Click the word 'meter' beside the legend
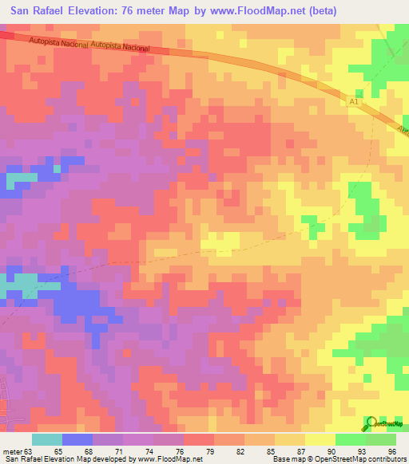coord(14,451)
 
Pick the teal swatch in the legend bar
coord(47,439)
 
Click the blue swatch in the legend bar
coord(77,439)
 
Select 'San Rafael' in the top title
coord(38,10)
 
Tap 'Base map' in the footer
coord(288,459)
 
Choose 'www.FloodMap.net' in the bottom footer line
coord(169,459)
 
